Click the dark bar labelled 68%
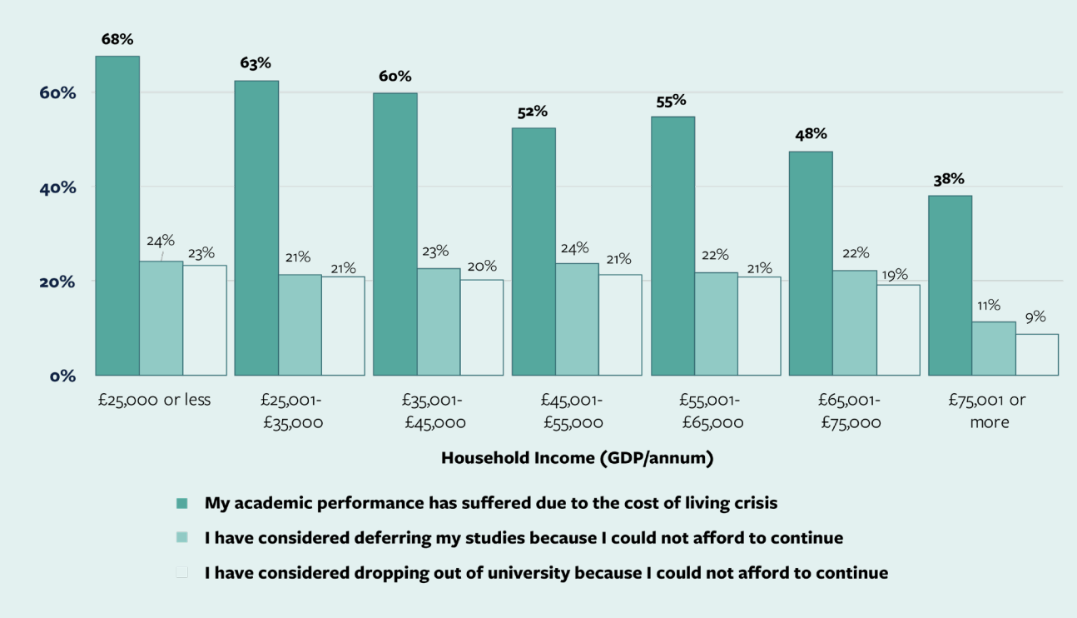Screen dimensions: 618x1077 click(117, 216)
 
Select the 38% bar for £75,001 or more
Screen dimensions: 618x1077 click(950, 286)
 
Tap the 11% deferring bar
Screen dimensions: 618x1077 click(994, 348)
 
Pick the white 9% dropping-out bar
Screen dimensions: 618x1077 click(1037, 355)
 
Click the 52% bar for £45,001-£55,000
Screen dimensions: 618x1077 click(534, 252)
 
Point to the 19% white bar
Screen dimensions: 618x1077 click(898, 330)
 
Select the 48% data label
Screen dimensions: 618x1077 click(810, 134)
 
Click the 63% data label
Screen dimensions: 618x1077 click(256, 63)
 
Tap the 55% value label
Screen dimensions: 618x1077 click(671, 100)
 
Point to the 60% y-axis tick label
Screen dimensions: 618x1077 click(58, 92)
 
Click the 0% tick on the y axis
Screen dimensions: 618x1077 click(62, 376)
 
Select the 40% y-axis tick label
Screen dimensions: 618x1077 click(58, 187)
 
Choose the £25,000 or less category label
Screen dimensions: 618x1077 click(153, 400)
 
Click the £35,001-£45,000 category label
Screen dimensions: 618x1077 click(434, 411)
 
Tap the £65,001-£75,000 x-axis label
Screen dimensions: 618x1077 click(850, 411)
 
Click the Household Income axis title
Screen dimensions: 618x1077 click(577, 457)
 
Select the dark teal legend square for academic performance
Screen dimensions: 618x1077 click(182, 503)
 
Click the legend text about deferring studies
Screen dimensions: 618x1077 click(524, 538)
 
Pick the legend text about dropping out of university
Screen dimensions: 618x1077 click(546, 573)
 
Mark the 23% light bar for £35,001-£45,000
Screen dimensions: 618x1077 click(439, 321)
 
